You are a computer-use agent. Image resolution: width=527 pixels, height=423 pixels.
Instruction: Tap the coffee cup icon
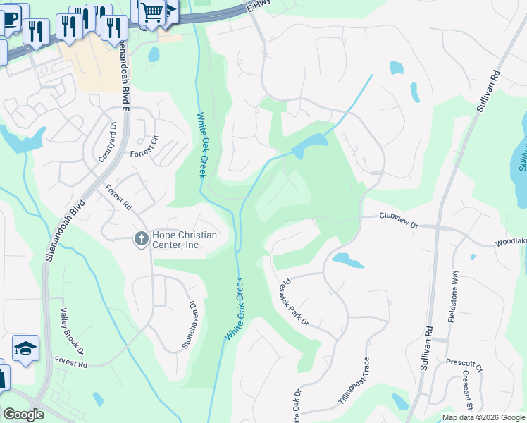[10, 18]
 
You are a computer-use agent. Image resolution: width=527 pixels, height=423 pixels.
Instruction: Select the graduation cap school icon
[25, 348]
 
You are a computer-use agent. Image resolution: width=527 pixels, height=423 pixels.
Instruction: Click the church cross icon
[140, 239]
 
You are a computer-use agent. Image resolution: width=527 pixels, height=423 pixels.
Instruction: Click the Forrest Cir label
[147, 153]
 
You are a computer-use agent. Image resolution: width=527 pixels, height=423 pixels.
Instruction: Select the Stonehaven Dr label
[190, 321]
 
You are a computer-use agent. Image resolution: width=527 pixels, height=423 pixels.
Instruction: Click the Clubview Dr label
[399, 220]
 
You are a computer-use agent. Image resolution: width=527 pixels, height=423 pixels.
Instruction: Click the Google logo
[23, 415]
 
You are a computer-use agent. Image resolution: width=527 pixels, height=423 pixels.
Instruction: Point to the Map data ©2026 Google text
[483, 417]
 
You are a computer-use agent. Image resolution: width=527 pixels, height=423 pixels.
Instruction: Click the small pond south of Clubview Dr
[347, 259]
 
